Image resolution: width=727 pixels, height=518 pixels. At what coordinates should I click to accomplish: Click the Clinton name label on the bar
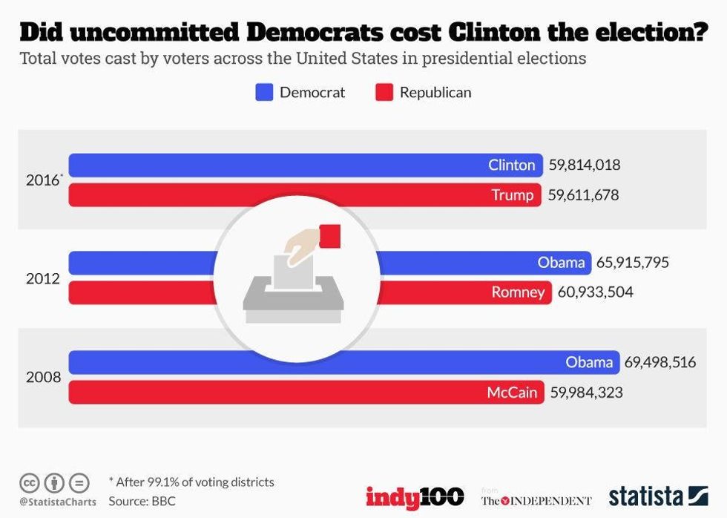[x=511, y=165]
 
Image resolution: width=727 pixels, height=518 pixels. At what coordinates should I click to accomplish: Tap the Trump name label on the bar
[x=512, y=195]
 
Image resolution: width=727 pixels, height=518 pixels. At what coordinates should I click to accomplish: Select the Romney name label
[x=518, y=292]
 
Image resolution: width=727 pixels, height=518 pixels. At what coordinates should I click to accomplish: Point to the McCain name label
[x=512, y=393]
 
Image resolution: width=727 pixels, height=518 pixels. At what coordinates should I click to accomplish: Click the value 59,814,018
[x=585, y=165]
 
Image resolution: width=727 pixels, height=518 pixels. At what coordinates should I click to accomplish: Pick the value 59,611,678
[x=583, y=195]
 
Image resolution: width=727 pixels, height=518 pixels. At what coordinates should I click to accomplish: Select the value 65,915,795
[x=633, y=262]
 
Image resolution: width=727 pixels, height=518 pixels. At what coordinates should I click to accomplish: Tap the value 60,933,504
[x=595, y=292]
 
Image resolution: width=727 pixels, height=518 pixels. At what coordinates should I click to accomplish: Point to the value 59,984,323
[x=586, y=393]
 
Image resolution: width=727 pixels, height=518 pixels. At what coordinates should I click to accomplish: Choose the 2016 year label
[x=42, y=180]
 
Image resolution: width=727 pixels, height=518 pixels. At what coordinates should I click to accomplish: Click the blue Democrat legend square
[x=265, y=93]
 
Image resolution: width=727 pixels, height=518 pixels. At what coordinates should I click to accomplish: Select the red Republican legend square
[x=385, y=93]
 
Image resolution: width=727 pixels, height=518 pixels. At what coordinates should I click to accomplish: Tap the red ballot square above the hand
[x=329, y=235]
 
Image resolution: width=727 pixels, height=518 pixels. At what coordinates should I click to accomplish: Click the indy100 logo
[x=414, y=496]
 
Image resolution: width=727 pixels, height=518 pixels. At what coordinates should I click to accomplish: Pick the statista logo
[x=657, y=496]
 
